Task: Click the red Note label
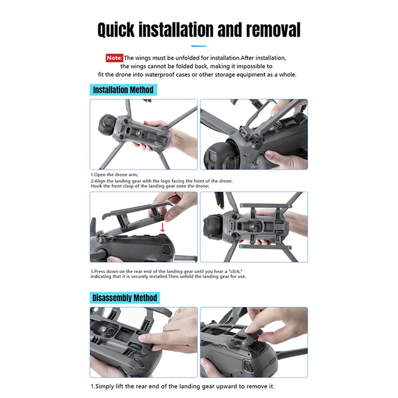(115, 58)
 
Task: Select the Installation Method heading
(123, 90)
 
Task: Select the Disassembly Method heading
(125, 298)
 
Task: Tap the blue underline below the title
(199, 46)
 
